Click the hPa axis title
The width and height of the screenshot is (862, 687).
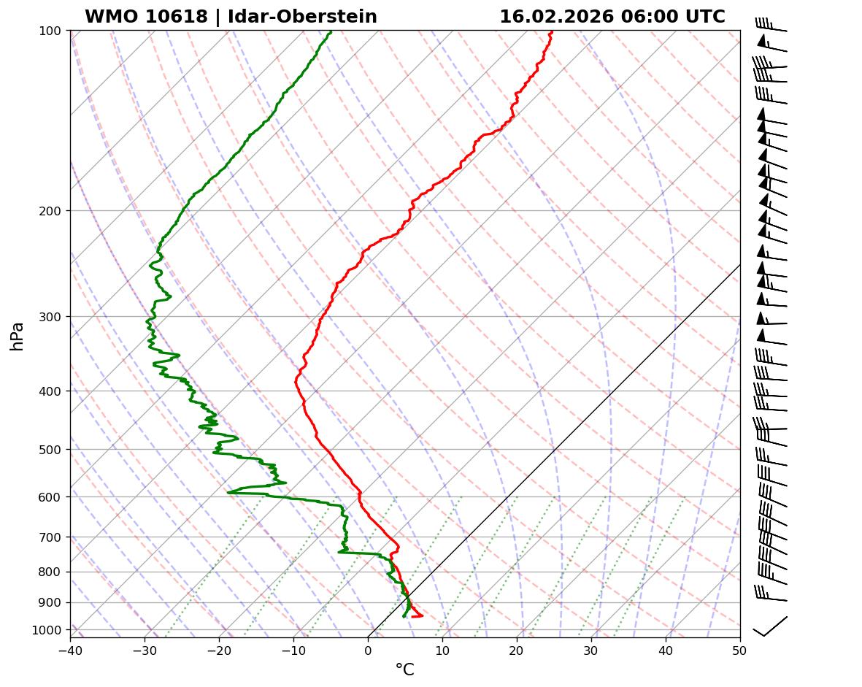click(18, 336)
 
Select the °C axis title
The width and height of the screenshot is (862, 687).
click(404, 670)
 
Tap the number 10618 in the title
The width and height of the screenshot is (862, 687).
click(177, 17)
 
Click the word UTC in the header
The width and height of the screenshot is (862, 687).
click(707, 17)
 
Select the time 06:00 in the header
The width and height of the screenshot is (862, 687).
click(650, 17)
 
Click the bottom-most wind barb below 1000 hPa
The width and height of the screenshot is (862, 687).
click(770, 627)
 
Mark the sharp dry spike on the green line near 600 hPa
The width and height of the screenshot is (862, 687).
click(229, 492)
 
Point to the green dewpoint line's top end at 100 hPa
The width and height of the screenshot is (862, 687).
click(331, 31)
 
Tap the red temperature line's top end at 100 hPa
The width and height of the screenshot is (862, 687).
click(552, 31)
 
